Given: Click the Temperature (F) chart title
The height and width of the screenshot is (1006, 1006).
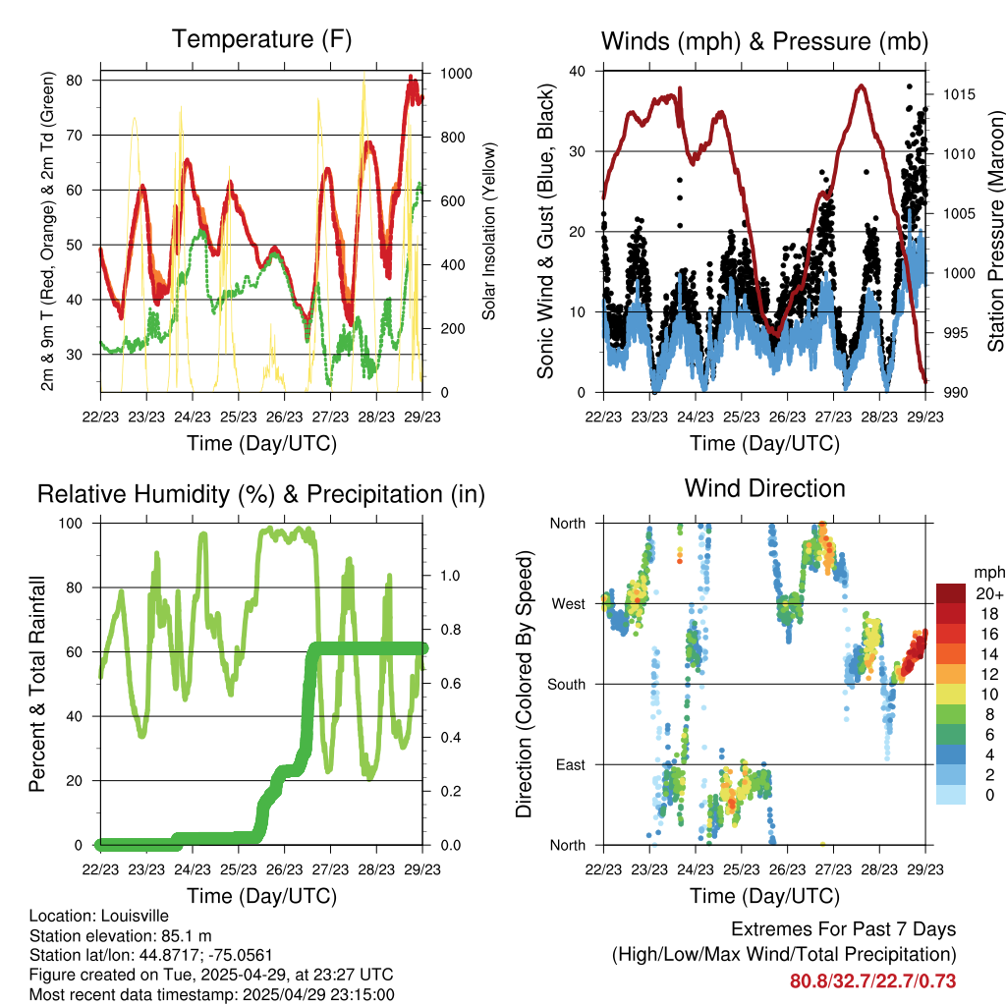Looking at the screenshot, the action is point(261,39).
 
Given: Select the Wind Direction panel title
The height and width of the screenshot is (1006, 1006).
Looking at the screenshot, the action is point(764,489).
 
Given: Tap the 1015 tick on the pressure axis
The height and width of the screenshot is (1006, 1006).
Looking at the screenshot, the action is point(959,95).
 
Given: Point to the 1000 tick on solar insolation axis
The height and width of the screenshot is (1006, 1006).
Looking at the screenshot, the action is point(456,73).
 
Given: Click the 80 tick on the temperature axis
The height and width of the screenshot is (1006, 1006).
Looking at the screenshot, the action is point(75,81).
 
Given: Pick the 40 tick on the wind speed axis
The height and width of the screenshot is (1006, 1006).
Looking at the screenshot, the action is point(578,71).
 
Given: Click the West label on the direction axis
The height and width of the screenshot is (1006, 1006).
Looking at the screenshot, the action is point(569,604).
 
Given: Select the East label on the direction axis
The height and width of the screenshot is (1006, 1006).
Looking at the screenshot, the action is point(571,764).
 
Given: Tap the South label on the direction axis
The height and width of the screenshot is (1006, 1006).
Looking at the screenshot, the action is point(567,685).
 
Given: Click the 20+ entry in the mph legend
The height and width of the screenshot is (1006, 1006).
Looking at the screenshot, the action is point(989,594).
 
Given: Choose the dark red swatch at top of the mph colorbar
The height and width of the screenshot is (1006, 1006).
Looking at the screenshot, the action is point(951,593).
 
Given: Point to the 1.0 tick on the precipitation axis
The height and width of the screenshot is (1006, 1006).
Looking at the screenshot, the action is point(450,576).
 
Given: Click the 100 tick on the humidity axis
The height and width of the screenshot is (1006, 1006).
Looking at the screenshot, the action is point(71,523).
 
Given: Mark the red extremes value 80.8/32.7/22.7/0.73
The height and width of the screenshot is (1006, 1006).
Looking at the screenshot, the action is point(872,981).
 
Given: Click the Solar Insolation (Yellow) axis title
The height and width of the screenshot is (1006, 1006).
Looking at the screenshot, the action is point(489,231).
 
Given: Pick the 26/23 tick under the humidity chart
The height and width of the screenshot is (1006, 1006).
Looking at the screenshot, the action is point(284,869).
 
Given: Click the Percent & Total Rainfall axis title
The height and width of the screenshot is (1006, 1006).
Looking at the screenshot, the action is point(37,684).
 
